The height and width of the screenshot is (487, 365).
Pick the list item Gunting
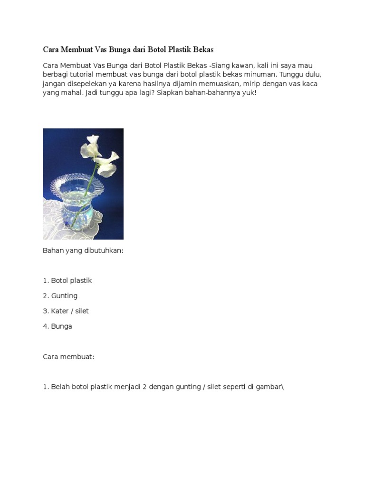pyautogui.click(x=64, y=296)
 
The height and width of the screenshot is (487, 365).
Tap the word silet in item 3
pyautogui.click(x=81, y=311)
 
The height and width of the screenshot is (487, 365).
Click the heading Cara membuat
pyautogui.click(x=68, y=357)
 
